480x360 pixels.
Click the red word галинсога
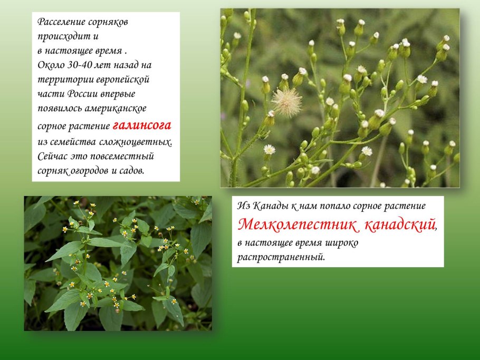coord(141,126)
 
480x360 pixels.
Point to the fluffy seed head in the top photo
coord(287,102)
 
